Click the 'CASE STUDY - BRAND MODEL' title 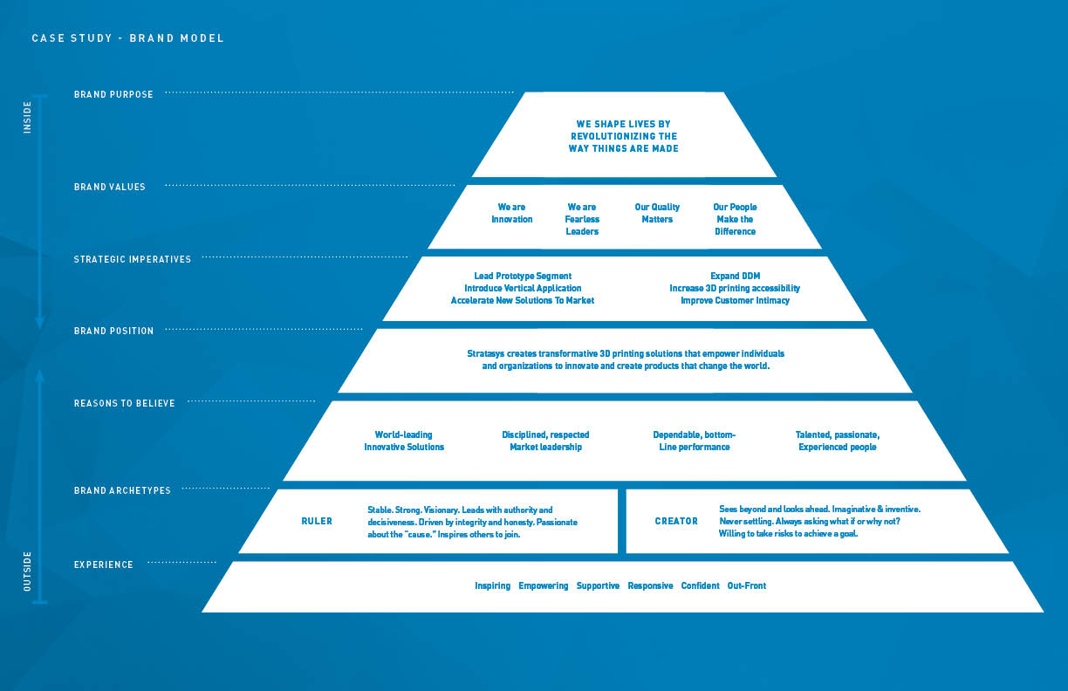127,38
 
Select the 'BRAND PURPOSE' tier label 113,94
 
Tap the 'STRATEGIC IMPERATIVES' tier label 132,259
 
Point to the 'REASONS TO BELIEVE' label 125,403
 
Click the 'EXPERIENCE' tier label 104,564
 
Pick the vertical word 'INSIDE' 27,117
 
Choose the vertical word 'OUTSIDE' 27,571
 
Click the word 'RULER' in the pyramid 317,521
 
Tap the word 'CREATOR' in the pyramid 676,521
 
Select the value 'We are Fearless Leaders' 582,219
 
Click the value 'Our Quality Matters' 657,213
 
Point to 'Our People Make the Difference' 735,219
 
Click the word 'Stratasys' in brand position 485,354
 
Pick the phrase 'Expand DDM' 736,276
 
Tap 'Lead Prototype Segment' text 523,276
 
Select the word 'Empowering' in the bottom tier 543,585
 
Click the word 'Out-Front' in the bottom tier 747,585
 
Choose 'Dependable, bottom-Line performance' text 695,441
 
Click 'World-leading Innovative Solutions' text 404,441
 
